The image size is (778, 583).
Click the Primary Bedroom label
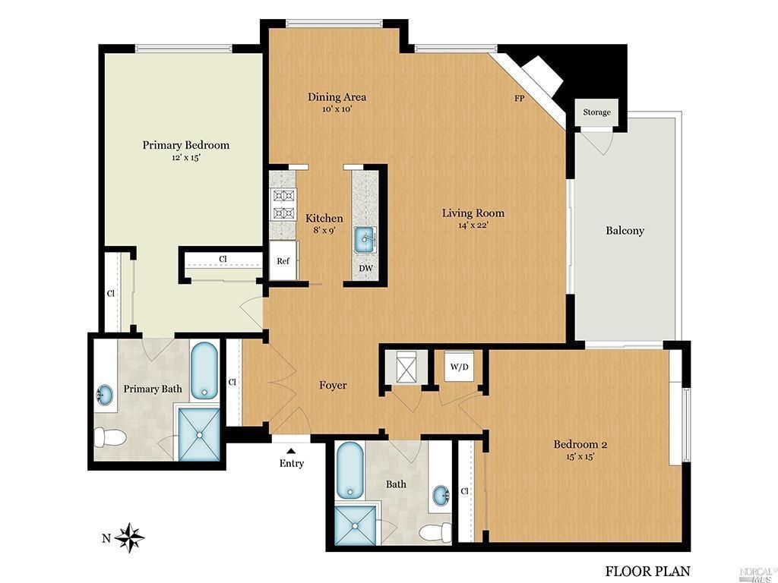pos(186,145)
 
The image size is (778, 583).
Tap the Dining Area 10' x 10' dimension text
pos(337,109)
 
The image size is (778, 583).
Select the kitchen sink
pos(365,240)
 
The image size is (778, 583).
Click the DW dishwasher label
pos(365,269)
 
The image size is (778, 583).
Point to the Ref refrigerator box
pos(283,261)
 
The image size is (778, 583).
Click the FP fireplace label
pos(519,99)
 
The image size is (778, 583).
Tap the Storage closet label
pos(596,112)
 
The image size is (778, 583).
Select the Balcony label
pos(625,231)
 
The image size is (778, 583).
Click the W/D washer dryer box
pos(460,367)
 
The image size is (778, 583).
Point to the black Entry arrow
pos(291,451)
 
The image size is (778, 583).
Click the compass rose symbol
pos(129,538)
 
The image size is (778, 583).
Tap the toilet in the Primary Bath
pos(110,437)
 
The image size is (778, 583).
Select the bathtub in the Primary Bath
pos(204,370)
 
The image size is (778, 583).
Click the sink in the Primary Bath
pos(104,395)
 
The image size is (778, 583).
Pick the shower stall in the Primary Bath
pos(199,435)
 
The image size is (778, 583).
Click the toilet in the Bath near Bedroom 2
pos(435,533)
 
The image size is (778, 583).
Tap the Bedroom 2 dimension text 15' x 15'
pos(580,456)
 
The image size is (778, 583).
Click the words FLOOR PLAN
pos(647,571)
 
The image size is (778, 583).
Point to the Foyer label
pos(333,385)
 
